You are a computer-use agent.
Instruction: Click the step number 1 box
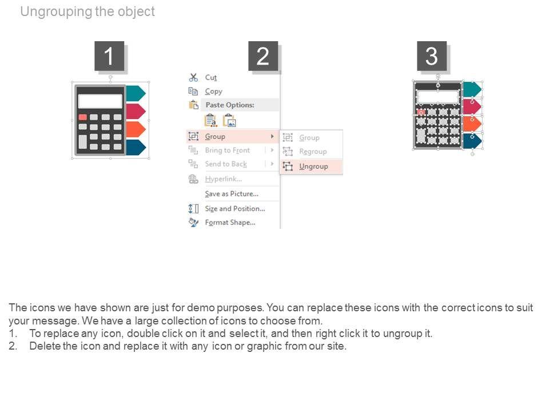pos(109,56)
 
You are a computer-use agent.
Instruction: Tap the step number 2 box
pos(263,56)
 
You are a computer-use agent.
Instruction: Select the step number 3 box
pos(432,56)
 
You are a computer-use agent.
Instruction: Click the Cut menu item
pos(211,77)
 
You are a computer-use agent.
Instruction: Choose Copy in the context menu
pos(213,92)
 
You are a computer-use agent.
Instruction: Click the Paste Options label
pos(230,105)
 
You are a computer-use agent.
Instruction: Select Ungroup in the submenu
pos(313,167)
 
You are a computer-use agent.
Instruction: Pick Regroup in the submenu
pos(313,152)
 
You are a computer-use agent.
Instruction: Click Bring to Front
pos(227,150)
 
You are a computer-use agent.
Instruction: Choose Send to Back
pos(226,164)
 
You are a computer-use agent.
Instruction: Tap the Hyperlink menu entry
pos(224,179)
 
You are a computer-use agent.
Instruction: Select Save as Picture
pos(232,194)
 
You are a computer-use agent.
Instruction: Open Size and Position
pos(235,209)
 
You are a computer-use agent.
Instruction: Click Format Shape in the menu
pos(230,223)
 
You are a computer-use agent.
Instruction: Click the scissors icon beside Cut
pos(193,77)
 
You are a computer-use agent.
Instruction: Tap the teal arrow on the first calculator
pos(136,93)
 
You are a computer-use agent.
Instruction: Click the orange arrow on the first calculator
pos(136,129)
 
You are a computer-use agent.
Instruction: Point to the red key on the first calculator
pos(82,117)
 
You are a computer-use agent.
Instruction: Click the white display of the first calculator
pos(100,101)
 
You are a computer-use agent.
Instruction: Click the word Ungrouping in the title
pos(56,11)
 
